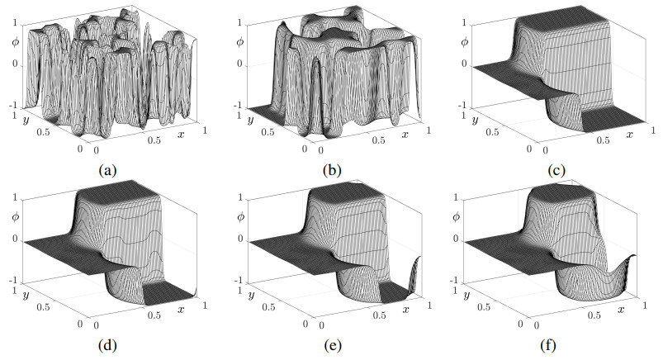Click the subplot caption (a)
pos(106,171)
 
